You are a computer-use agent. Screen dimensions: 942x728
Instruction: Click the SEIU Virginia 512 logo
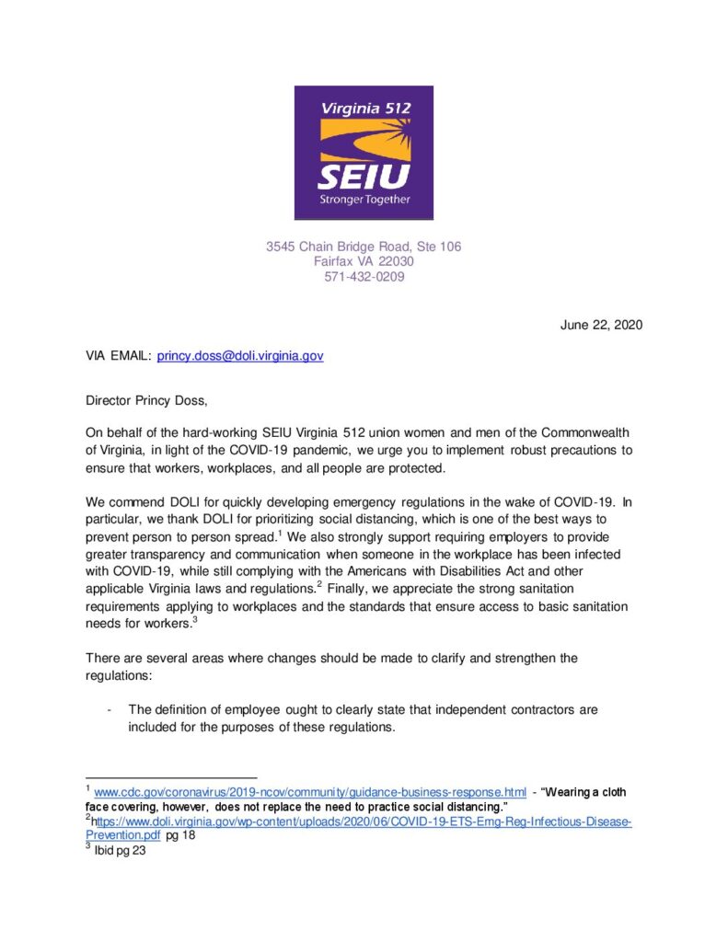point(364,153)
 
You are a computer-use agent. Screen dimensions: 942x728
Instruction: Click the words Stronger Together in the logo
point(364,199)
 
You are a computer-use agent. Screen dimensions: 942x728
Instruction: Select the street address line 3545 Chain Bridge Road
point(364,247)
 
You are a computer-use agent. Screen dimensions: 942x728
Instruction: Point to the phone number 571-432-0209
point(364,276)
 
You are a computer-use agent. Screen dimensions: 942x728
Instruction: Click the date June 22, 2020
point(601,324)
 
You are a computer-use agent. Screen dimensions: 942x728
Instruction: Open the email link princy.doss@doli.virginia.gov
point(240,355)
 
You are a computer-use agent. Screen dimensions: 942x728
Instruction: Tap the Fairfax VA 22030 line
point(364,261)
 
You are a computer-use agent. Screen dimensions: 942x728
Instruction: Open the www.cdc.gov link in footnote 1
point(310,792)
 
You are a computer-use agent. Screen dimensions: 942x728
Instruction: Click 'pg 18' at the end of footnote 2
point(180,835)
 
